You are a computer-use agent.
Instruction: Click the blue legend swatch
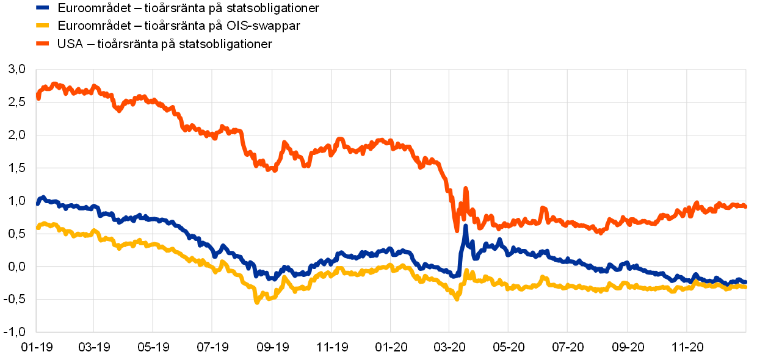pos(42,8)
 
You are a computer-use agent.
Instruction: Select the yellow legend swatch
pos(42,26)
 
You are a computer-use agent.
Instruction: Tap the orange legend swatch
pos(42,43)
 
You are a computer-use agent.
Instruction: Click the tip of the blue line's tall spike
pos(465,226)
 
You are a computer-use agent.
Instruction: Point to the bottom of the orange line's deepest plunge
pos(457,230)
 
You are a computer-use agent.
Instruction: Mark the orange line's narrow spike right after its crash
pos(465,189)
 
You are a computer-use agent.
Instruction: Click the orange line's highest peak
pos(55,84)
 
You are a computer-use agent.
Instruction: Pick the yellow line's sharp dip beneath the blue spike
pos(457,298)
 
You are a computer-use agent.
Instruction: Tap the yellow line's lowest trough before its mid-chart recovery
pos(257,301)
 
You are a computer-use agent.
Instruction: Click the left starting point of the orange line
pos(38,97)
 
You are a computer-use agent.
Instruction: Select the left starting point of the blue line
pos(38,204)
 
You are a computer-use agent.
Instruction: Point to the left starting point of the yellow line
pos(38,228)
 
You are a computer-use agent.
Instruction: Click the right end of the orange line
pos(745,206)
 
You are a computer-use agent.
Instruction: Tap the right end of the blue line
pos(745,282)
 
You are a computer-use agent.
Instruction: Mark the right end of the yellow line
pos(745,286)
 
